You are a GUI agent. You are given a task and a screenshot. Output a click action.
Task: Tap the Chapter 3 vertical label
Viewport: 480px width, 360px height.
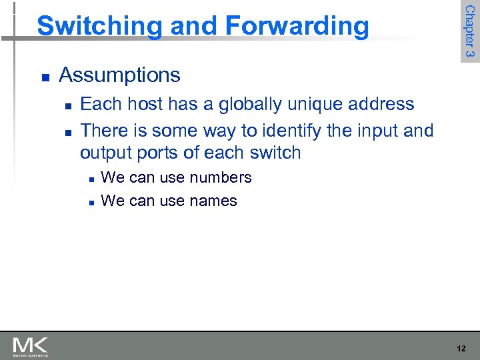469,31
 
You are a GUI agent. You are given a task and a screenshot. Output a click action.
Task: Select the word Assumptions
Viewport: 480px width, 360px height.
119,75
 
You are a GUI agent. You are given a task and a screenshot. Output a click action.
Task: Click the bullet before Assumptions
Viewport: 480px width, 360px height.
44,77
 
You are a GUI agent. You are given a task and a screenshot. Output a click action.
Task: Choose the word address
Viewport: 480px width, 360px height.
387,104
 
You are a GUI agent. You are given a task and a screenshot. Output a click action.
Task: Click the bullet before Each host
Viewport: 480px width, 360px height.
68,106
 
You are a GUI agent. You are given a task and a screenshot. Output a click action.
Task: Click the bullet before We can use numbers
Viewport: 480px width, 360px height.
89,179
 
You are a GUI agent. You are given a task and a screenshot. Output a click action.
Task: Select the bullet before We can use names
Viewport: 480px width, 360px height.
89,202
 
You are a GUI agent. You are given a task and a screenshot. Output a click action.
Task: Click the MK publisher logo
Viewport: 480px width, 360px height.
30,346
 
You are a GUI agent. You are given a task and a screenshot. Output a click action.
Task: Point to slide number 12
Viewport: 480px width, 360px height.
461,349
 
